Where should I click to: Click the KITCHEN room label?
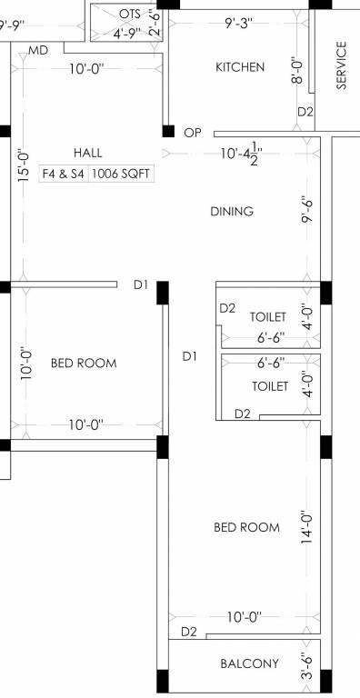pyautogui.click(x=240, y=67)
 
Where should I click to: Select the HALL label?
pyautogui.click(x=88, y=153)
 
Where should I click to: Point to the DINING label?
pyautogui.click(x=232, y=212)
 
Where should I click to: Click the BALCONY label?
pyautogui.click(x=250, y=663)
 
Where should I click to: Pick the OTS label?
pyautogui.click(x=129, y=14)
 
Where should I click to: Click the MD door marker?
pyautogui.click(x=38, y=50)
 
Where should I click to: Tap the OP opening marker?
pyautogui.click(x=192, y=133)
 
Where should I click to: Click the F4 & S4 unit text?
pyautogui.click(x=62, y=172)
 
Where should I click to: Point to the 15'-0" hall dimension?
pyautogui.click(x=25, y=166)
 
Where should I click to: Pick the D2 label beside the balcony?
pyautogui.click(x=189, y=632)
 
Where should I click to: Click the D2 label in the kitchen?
pyautogui.click(x=305, y=112)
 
